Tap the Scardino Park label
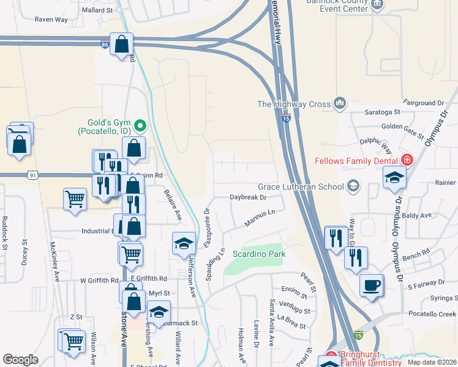259,254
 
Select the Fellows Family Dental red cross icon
406,161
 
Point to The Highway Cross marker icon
339,104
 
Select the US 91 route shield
31,175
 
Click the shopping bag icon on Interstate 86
122,44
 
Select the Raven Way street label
51,20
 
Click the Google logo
20,360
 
